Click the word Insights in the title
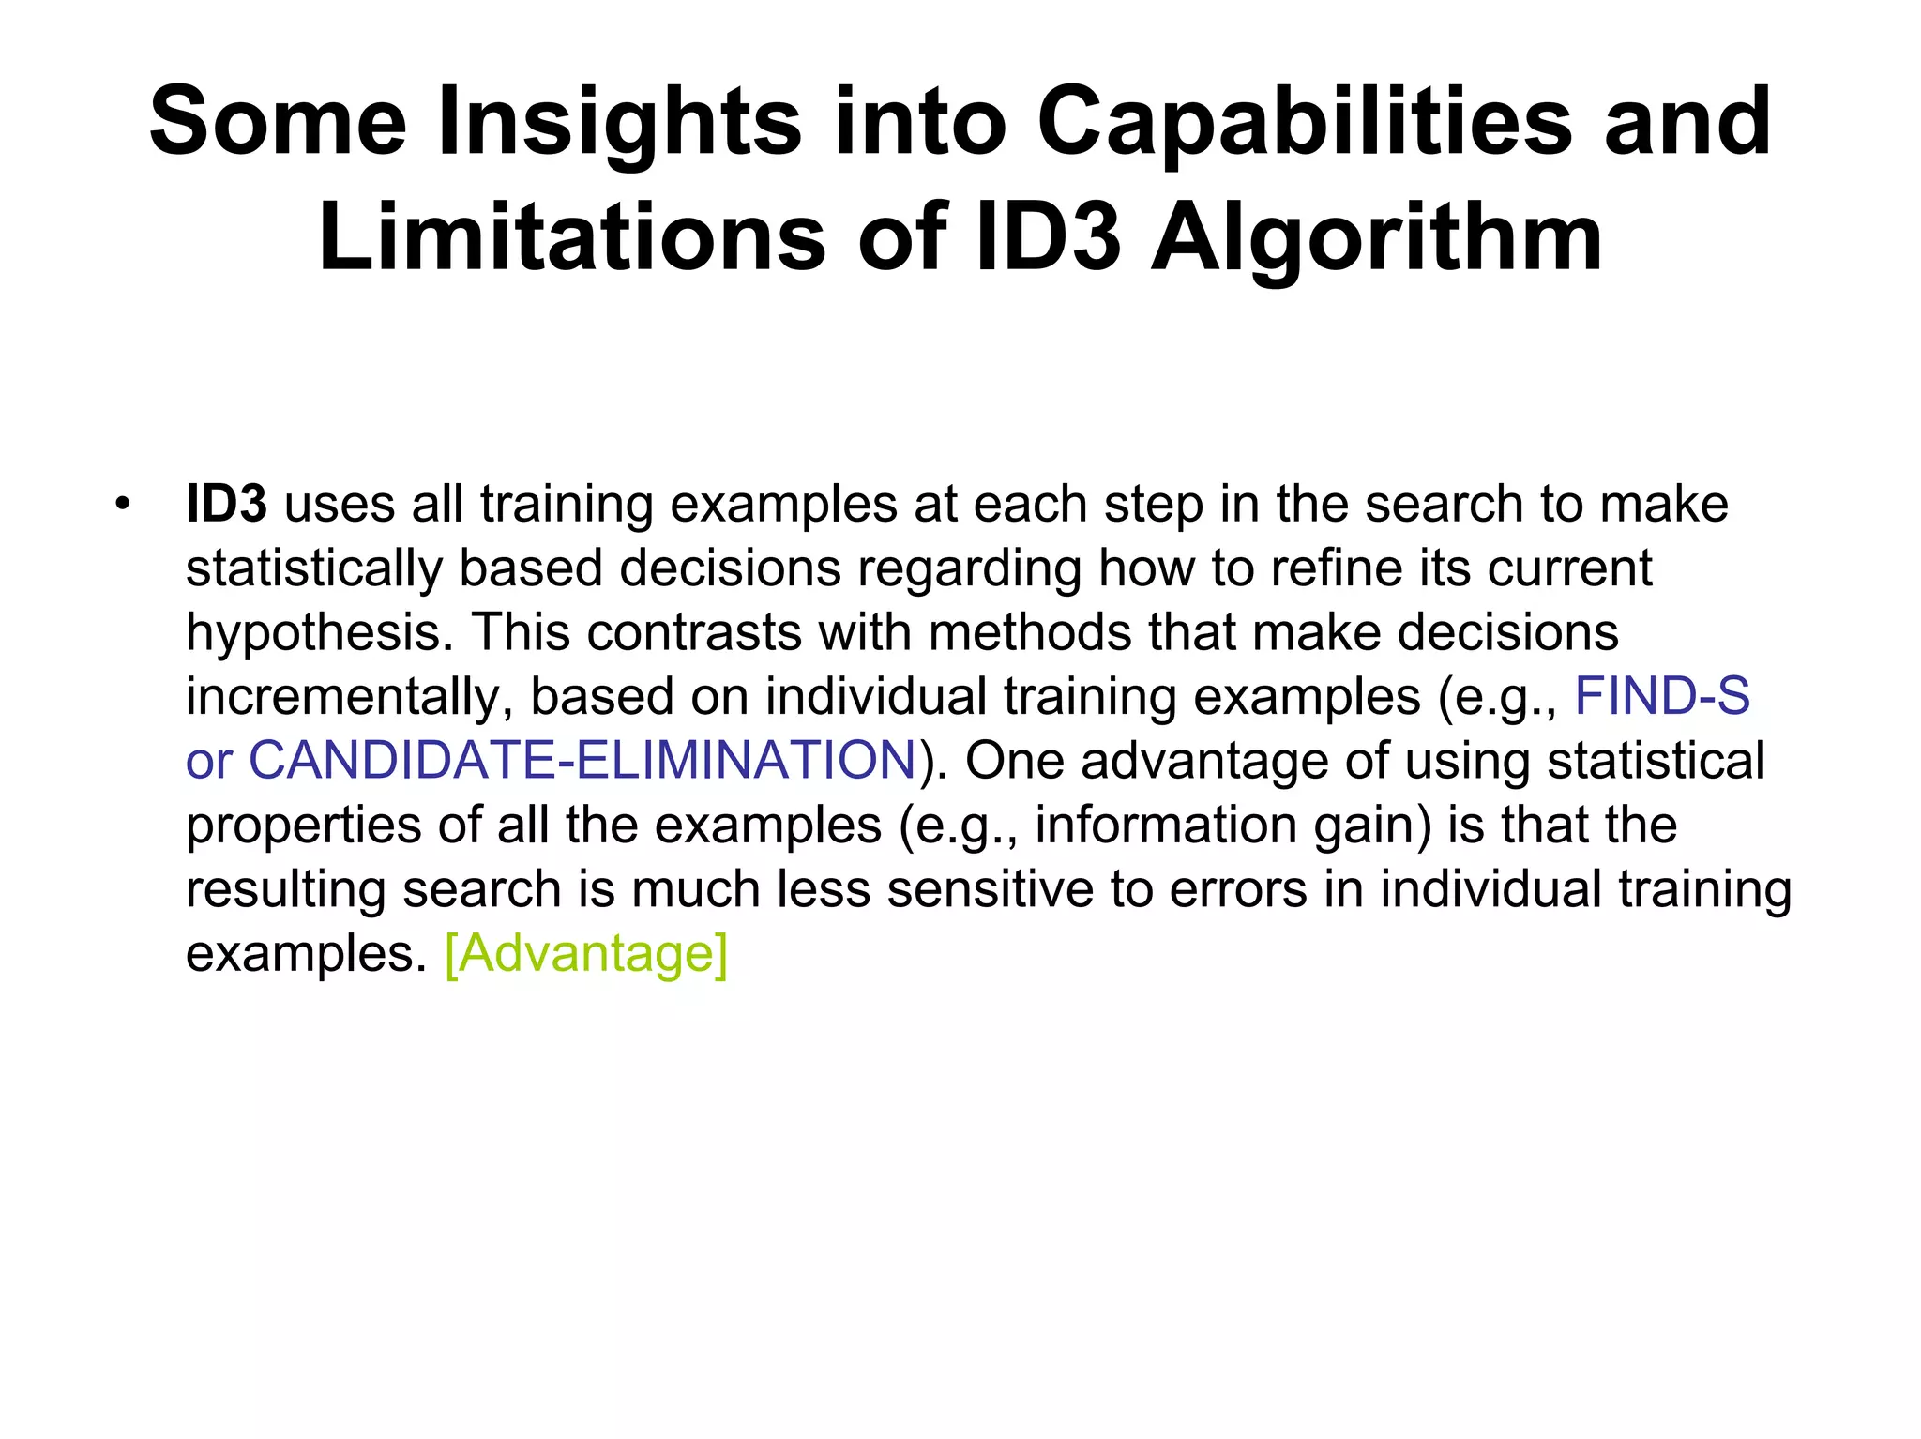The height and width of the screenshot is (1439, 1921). [620, 123]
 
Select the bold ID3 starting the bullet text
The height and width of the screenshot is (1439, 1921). [226, 504]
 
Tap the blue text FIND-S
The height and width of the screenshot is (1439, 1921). [1662, 696]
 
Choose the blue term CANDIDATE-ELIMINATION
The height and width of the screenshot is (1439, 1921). [582, 760]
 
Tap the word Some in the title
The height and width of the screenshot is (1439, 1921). [278, 123]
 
